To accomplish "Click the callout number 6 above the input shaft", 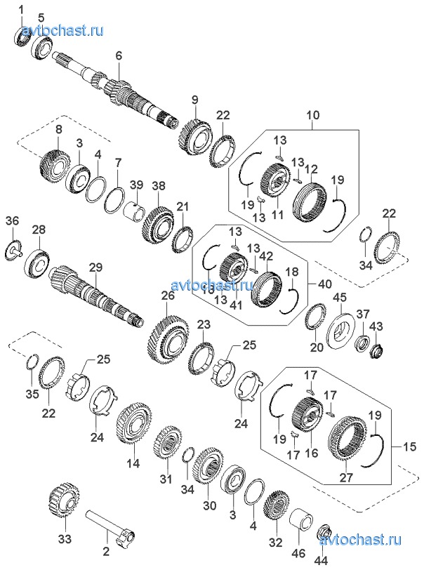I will (x=119, y=54).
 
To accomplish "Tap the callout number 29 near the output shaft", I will (x=95, y=267).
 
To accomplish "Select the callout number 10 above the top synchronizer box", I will (x=312, y=114).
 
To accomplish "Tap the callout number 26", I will (x=167, y=296).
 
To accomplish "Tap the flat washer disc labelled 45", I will (x=341, y=330).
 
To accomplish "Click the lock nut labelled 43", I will (x=376, y=348).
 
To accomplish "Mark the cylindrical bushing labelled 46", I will (x=299, y=519).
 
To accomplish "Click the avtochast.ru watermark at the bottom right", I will (x=369, y=540).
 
